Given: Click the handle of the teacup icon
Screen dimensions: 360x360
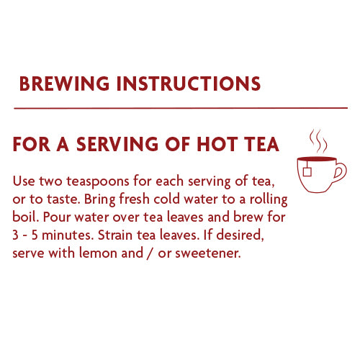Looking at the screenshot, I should click(340, 174).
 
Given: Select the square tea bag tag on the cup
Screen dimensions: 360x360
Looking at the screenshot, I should click(307, 171).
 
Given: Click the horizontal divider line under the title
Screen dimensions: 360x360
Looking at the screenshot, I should click(181, 107).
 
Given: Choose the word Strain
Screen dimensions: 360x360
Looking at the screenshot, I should click(123, 236).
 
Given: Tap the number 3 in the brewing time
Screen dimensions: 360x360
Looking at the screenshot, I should click(17, 236).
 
